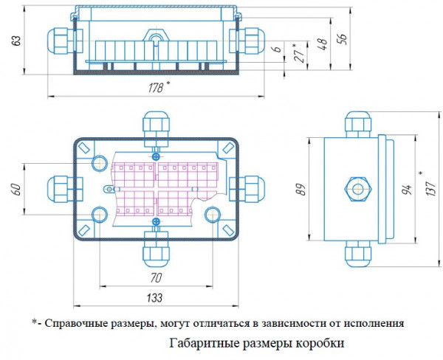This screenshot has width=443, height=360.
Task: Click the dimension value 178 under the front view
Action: (155, 87)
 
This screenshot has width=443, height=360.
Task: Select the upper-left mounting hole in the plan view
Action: (98, 162)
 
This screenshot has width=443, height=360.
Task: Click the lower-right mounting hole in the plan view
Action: (213, 215)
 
